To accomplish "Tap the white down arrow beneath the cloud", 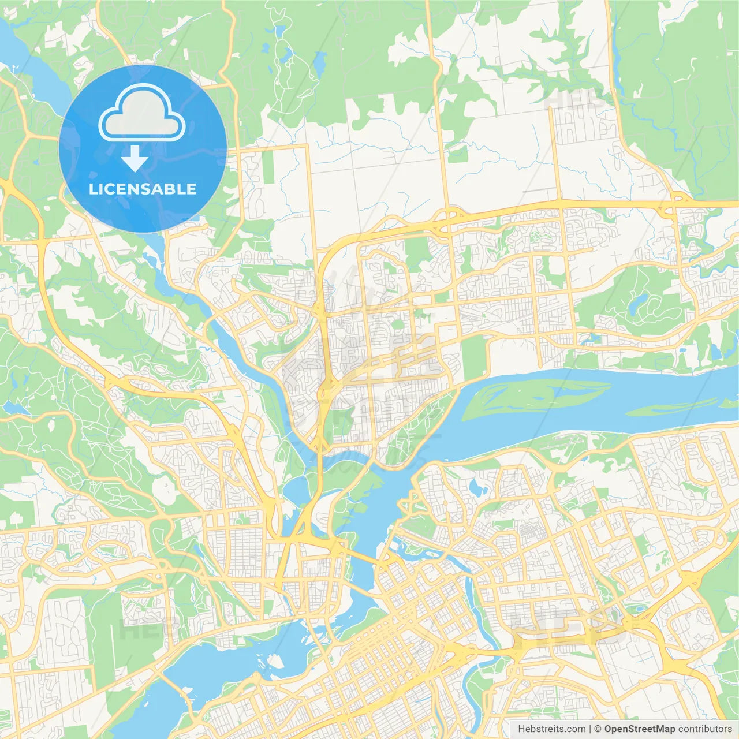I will [x=135, y=159].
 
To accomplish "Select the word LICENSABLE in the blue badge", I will [x=143, y=189].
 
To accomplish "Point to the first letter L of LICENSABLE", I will [x=92, y=189].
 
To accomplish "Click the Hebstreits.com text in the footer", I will [x=552, y=729].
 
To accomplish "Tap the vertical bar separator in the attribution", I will [x=590, y=729].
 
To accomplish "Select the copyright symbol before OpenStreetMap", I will [x=598, y=729].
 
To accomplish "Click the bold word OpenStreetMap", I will [x=639, y=729].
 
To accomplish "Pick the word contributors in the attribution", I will [x=704, y=729].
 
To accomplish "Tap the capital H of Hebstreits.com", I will [x=521, y=729].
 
